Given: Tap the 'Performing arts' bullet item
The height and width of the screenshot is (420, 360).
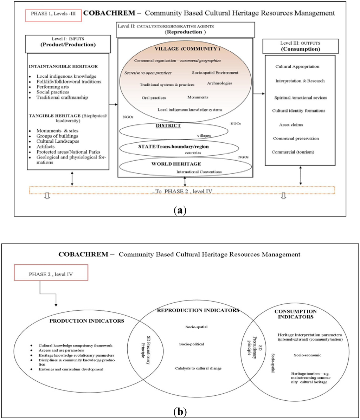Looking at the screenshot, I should click(53, 87).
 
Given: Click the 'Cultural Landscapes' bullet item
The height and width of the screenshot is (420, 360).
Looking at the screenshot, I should click(58, 141).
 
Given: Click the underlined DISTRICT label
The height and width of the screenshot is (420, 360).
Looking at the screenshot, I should click(169, 126).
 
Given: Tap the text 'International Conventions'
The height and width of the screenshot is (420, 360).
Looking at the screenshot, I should click(199, 172).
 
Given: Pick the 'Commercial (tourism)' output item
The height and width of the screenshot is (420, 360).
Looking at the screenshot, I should click(293, 152).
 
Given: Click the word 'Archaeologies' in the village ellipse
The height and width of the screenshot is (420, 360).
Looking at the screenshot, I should click(220, 83).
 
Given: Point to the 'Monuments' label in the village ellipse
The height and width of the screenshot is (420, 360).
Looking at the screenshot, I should click(198, 97).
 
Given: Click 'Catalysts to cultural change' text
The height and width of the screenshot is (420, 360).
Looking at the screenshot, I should click(199, 368).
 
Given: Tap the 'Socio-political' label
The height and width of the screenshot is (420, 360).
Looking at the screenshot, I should click(192, 344).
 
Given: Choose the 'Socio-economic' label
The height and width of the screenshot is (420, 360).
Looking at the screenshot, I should click(307, 355).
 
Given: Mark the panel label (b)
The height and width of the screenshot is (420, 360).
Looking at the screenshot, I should click(180, 411).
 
